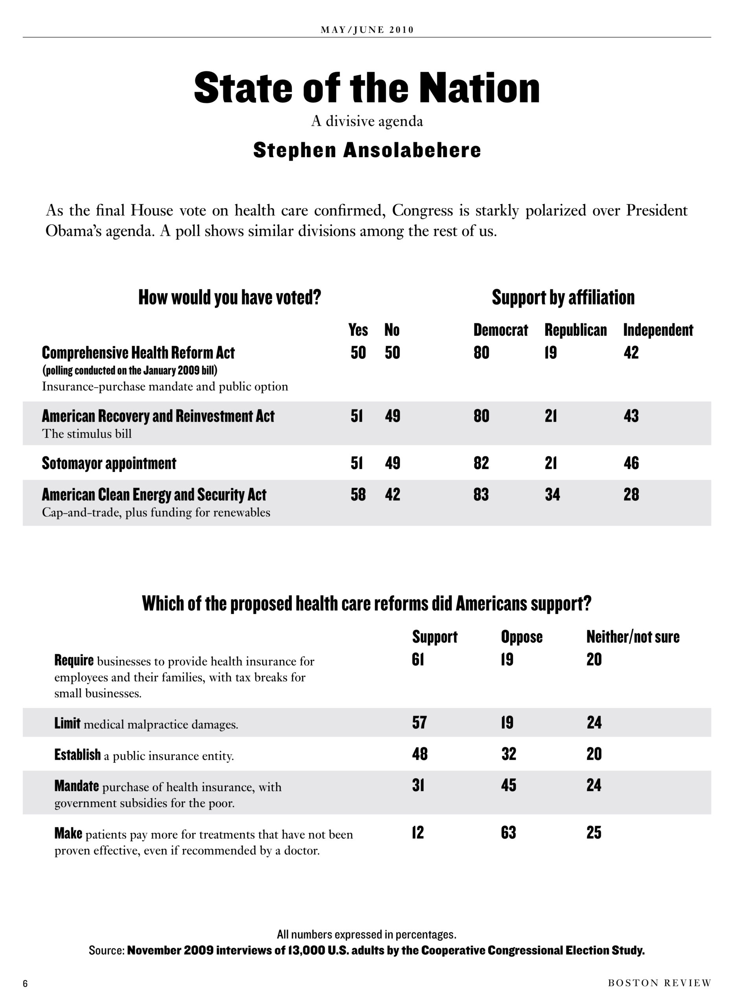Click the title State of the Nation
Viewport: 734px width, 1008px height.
click(x=367, y=87)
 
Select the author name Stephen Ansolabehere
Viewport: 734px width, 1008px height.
click(x=367, y=150)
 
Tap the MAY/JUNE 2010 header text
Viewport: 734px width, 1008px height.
click(x=367, y=30)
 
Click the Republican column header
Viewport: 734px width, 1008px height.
click(x=575, y=330)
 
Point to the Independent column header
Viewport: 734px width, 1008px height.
click(x=658, y=330)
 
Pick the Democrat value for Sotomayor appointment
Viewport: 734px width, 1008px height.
click(x=481, y=463)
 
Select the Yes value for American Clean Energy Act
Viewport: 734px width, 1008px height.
click(x=358, y=495)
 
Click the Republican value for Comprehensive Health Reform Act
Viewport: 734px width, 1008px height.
click(x=551, y=352)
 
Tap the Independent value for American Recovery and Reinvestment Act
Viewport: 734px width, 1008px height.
click(x=631, y=416)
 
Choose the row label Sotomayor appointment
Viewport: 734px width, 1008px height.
click(x=109, y=463)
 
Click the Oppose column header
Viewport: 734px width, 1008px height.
click(x=522, y=637)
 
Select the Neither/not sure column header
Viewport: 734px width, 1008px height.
click(x=633, y=637)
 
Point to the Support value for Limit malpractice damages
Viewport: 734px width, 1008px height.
click(x=419, y=723)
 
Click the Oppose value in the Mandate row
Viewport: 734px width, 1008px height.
click(x=509, y=785)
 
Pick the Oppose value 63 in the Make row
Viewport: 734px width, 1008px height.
click(x=509, y=832)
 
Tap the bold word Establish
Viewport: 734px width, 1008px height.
click(x=77, y=754)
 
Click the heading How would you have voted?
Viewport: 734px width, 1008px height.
click(x=230, y=297)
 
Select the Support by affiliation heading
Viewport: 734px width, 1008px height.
click(x=563, y=297)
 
